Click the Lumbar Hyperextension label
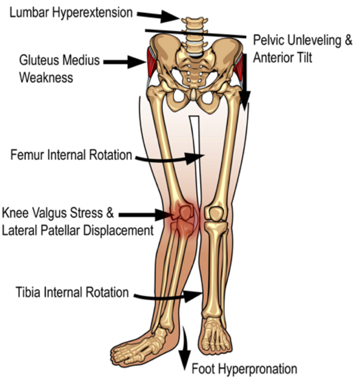(x=71, y=13)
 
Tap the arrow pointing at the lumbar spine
(x=158, y=15)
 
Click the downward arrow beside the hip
(x=245, y=83)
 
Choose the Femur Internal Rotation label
(x=71, y=155)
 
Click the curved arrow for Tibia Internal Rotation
(x=167, y=296)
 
